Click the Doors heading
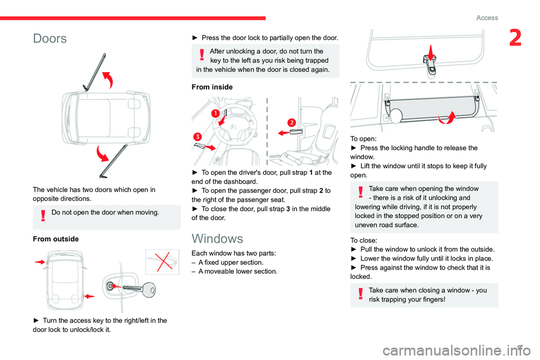49,39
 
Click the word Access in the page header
487,17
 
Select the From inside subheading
213,87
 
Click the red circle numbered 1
215,114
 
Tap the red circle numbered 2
291,123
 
